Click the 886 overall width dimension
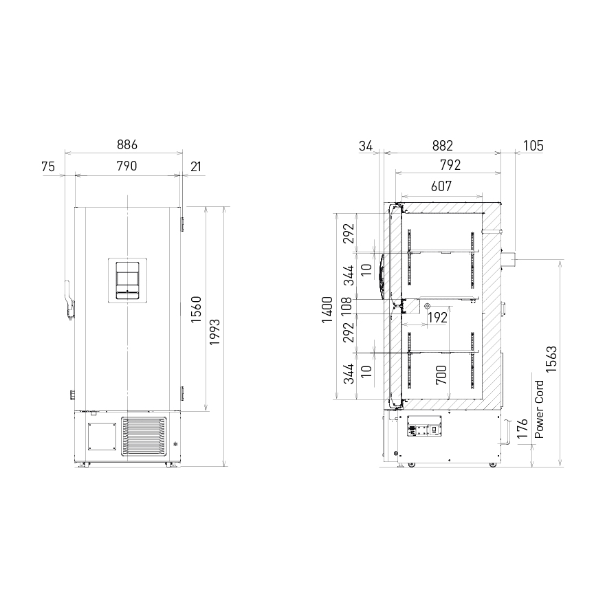[127, 144]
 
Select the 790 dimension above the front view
[126, 166]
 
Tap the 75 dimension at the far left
[48, 166]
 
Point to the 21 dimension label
[196, 166]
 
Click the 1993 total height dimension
[214, 332]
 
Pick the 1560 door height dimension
[197, 309]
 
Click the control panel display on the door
[127, 280]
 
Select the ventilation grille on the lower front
[144, 437]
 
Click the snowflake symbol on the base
[176, 443]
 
